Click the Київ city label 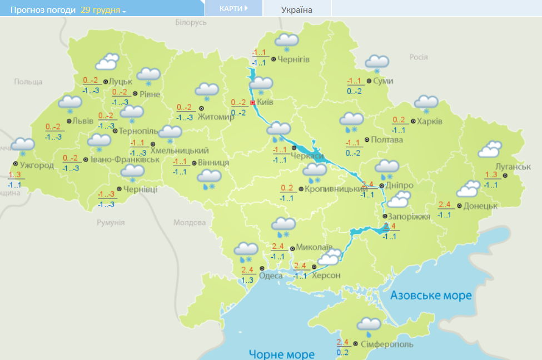pos(266,102)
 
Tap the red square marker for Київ pos(253,103)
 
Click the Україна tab pos(297,9)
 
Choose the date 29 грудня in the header pos(103,10)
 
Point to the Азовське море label pos(431,295)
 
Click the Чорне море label pos(282,354)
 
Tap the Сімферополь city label pos(387,344)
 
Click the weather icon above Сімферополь pos(369,326)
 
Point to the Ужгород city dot pos(15,164)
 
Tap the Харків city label pos(430,122)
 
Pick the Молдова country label pos(189,223)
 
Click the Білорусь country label pos(191,22)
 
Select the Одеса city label pos(271,275)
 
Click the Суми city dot pos(369,81)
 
